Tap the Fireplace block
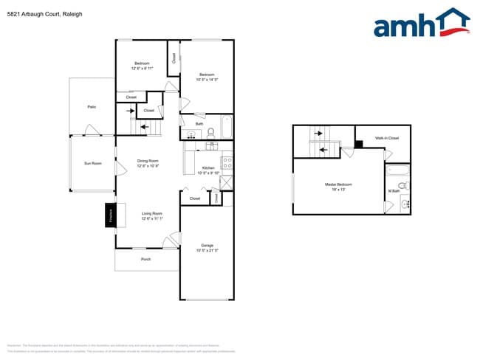pyautogui.click(x=110, y=215)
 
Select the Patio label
pyautogui.click(x=92, y=107)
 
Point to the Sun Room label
pyautogui.click(x=92, y=163)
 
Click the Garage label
pyautogui.click(x=207, y=246)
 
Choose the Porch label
pyautogui.click(x=146, y=259)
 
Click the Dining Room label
pyautogui.click(x=148, y=161)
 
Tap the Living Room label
pyautogui.click(x=152, y=215)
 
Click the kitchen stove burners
pyautogui.click(x=227, y=163)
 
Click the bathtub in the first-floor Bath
pyautogui.click(x=226, y=126)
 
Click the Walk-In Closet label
pyautogui.click(x=386, y=138)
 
